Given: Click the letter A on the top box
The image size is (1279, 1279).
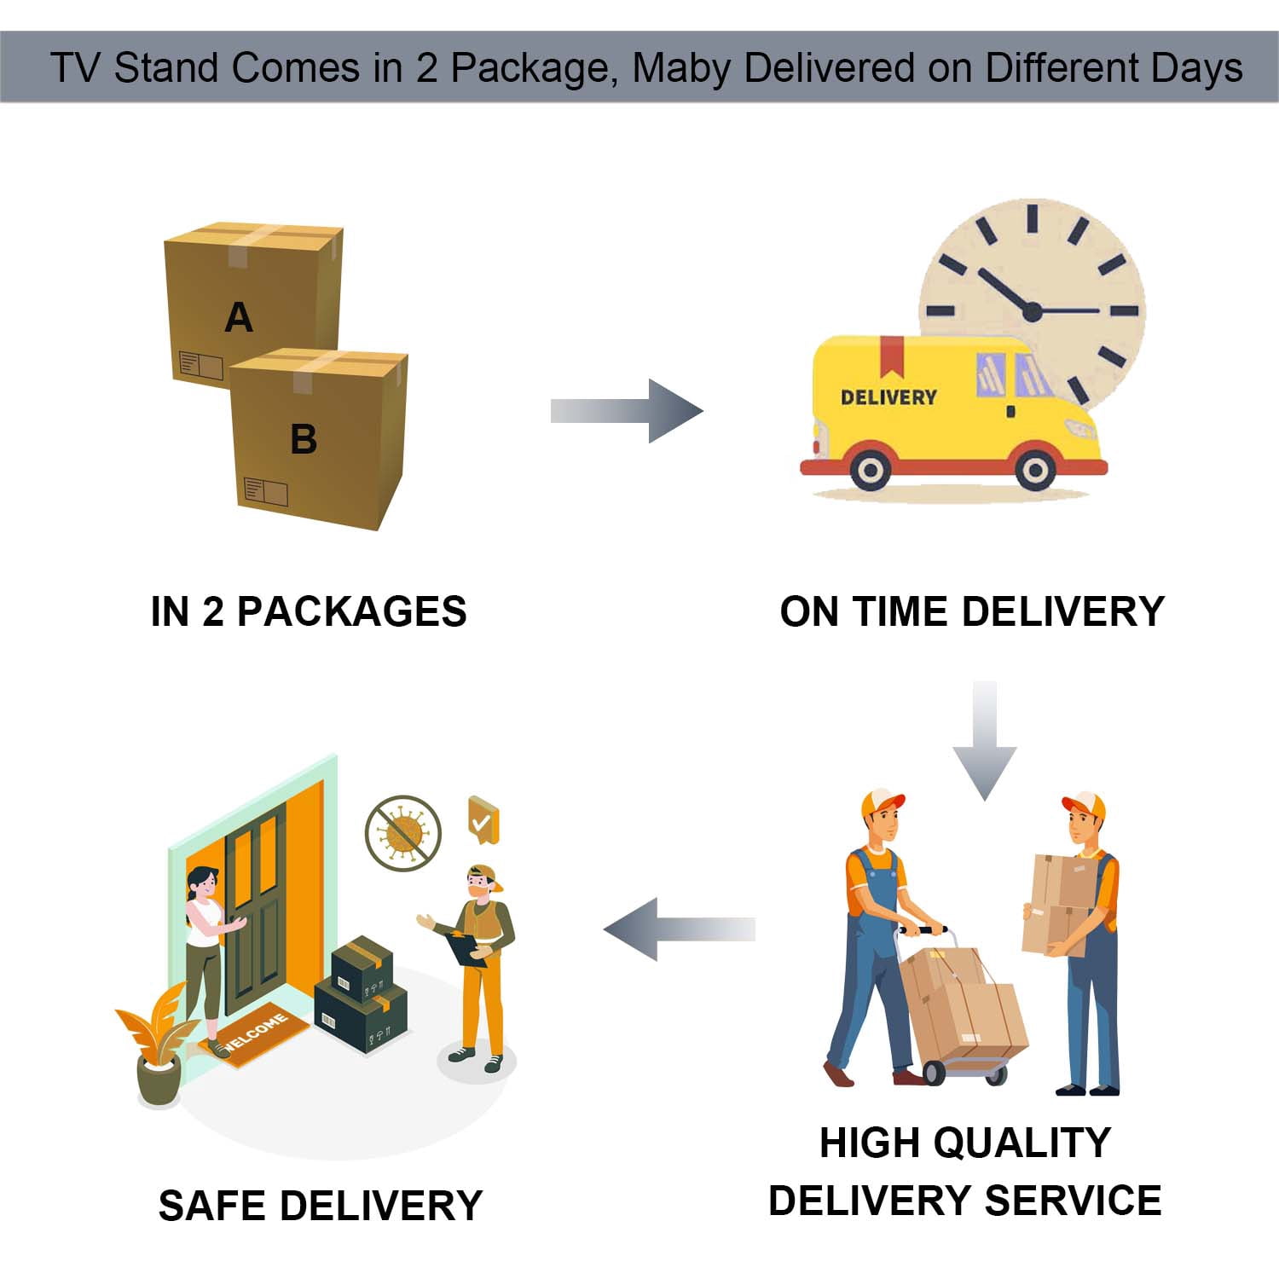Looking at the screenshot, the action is tap(239, 318).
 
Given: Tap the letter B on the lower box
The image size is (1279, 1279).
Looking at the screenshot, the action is tap(304, 440).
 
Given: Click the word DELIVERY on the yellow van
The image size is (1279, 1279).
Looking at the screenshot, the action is tap(888, 397).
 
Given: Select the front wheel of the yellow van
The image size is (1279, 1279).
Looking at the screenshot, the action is tap(1035, 470).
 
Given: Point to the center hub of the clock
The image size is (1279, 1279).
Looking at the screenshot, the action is tap(1032, 311).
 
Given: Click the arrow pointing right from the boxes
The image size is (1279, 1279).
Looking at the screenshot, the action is tap(627, 411).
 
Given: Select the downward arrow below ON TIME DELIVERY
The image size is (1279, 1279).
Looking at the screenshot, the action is tap(985, 741).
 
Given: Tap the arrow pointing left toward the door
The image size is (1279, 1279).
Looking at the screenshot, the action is tap(680, 929).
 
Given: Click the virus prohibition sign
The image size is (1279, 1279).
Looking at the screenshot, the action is tap(403, 833).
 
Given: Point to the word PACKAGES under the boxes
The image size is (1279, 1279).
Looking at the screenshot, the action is tap(351, 611).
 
